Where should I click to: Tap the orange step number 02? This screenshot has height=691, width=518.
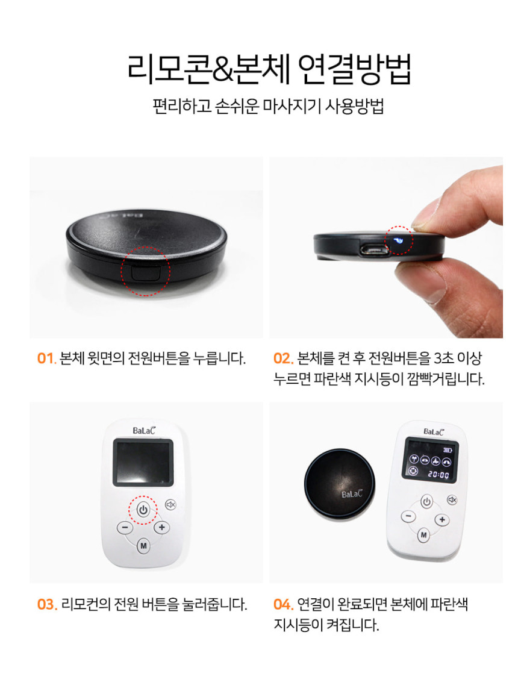[283, 358]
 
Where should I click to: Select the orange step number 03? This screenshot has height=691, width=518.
[47, 604]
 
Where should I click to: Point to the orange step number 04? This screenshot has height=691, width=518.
[283, 604]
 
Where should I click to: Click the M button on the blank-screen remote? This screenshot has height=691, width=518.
[143, 546]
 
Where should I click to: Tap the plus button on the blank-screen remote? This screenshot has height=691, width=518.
[161, 527]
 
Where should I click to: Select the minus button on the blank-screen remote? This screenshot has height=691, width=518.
[125, 527]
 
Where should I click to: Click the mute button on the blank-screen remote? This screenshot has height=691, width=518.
[170, 505]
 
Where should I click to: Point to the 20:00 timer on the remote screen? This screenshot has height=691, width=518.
[438, 475]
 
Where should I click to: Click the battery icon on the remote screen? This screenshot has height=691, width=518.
[448, 451]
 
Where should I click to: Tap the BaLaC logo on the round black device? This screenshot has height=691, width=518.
[352, 494]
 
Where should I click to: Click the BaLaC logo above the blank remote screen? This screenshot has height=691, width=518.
[144, 431]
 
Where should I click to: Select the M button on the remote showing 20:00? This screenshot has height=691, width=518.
[423, 535]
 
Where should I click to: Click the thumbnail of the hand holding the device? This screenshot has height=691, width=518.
[386, 248]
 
